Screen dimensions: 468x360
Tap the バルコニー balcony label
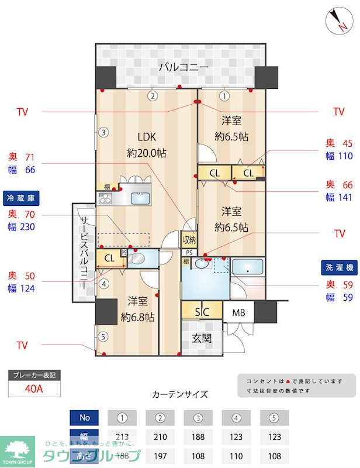click(x=184, y=68)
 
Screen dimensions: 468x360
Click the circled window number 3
click(x=103, y=132)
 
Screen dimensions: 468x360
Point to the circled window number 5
click(x=103, y=336)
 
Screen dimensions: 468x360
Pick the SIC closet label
click(x=202, y=312)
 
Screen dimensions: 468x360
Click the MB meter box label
click(x=238, y=312)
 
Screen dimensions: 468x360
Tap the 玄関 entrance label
click(x=202, y=338)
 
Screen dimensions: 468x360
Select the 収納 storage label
click(x=189, y=239)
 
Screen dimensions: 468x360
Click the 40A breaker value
click(x=34, y=387)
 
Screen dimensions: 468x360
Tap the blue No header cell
click(x=85, y=418)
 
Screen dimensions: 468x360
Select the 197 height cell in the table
click(x=160, y=455)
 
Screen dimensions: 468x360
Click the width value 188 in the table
click(x=198, y=437)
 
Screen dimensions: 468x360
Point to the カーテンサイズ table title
click(x=179, y=394)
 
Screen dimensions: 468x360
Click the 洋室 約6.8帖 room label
click(x=138, y=309)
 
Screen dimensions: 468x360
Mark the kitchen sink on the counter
click(x=140, y=198)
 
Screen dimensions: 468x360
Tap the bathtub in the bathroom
click(x=249, y=269)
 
